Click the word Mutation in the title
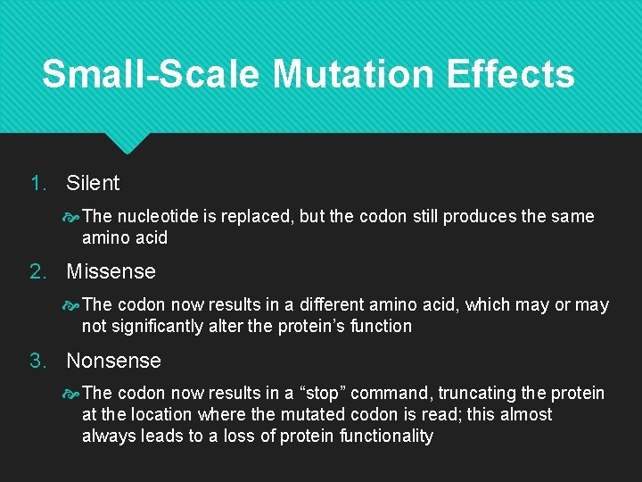357,73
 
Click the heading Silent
93,183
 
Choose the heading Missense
111,271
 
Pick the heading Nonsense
113,361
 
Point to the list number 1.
37,183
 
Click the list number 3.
37,361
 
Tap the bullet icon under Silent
71,217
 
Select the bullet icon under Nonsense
71,394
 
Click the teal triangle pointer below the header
128,143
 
